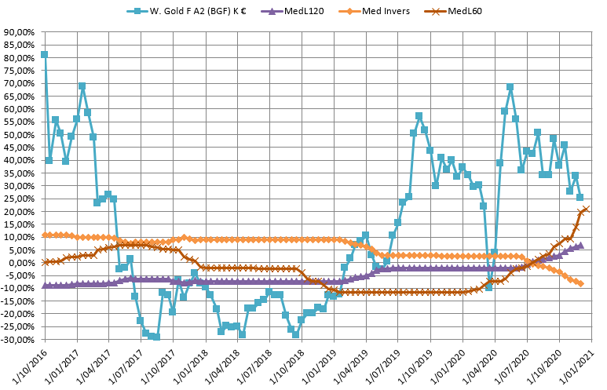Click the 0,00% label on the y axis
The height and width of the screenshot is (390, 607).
23,263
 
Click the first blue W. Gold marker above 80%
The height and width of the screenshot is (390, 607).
44,54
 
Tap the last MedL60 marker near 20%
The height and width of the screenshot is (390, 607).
587,209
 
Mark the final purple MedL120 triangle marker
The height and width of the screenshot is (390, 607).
580,246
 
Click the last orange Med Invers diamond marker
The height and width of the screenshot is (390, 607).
580,283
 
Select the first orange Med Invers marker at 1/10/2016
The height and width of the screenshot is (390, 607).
44,235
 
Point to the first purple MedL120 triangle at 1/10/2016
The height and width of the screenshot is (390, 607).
44,286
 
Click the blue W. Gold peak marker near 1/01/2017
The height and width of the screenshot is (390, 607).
82,86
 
